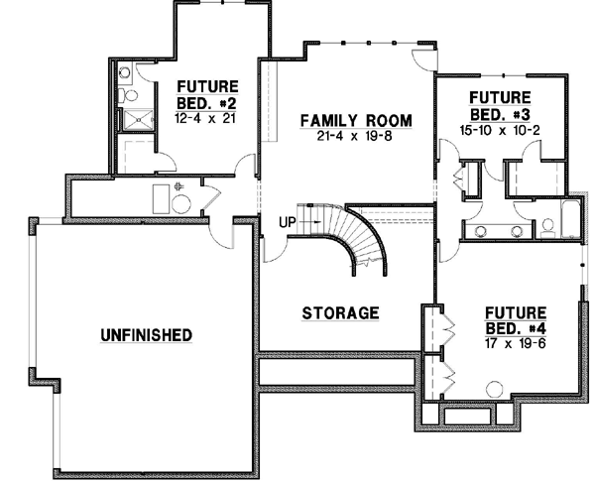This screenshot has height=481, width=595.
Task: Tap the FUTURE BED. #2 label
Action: (206, 95)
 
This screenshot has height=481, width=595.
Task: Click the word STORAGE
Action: (340, 313)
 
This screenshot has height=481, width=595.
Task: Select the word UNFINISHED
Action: (146, 335)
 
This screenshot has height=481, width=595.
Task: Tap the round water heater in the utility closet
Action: (181, 203)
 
